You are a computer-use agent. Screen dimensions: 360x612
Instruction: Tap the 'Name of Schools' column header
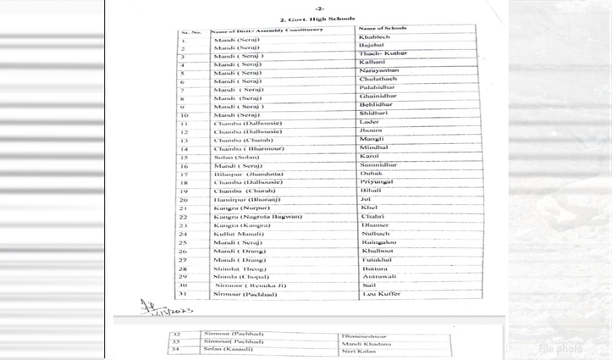(383, 29)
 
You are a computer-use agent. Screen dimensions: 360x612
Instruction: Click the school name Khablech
(374, 38)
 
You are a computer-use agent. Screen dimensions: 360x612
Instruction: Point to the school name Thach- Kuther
(383, 54)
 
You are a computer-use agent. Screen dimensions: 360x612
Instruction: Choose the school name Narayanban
(378, 71)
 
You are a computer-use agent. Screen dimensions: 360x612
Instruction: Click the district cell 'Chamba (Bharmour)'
(249, 149)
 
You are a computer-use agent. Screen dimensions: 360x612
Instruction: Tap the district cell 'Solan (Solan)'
(236, 158)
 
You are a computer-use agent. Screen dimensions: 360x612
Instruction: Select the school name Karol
(369, 157)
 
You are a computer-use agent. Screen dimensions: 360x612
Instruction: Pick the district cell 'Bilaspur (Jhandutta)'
(248, 174)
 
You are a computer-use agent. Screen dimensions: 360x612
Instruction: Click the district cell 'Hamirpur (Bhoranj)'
(246, 200)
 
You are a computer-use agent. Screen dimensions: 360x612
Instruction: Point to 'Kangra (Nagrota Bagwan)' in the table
(258, 217)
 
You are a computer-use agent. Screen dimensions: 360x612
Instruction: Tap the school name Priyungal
(377, 182)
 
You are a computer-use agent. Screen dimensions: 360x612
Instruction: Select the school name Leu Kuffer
(381, 294)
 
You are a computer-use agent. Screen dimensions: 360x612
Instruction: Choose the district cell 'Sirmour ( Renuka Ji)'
(250, 285)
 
